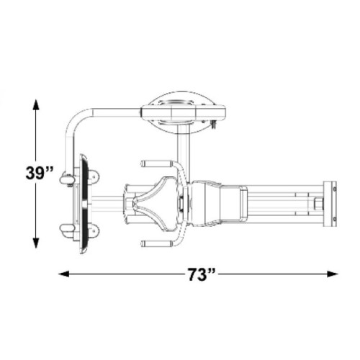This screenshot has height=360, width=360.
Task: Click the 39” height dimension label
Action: (x=40, y=173)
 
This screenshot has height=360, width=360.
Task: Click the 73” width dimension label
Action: (x=201, y=274)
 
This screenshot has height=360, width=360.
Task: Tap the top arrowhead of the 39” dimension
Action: (x=36, y=104)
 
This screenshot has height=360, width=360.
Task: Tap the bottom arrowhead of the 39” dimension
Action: (x=36, y=243)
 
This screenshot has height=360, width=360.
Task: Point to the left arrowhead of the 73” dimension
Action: (x=64, y=274)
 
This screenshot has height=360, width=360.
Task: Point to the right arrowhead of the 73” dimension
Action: (x=333, y=274)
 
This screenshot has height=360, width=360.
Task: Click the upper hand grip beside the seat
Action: (x=156, y=164)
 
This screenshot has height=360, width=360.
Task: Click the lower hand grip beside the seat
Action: (x=156, y=243)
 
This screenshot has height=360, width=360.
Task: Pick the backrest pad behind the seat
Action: (x=206, y=204)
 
